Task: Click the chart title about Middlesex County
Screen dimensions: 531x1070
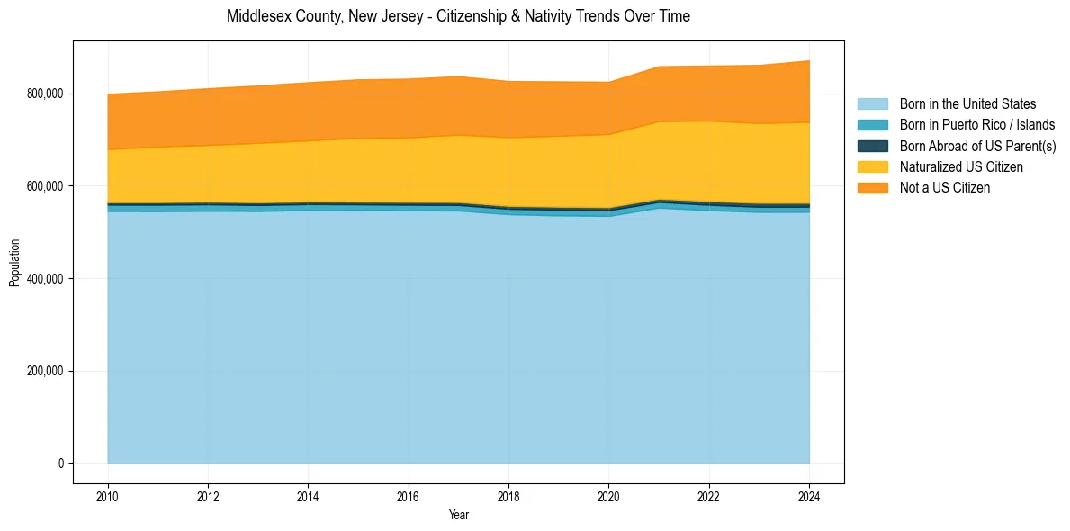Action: coord(458,16)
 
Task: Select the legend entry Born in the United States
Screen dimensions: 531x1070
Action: coord(967,104)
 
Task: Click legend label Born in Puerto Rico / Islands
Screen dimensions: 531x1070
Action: coord(977,125)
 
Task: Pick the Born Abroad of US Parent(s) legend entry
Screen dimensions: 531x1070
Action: coord(977,146)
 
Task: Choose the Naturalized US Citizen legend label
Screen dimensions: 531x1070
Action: coord(961,166)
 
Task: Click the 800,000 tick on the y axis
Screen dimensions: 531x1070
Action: coord(46,94)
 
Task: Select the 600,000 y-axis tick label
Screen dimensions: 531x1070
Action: coord(46,186)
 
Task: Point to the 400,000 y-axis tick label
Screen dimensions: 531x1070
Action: coord(46,279)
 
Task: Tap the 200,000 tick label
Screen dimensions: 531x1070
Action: coord(46,371)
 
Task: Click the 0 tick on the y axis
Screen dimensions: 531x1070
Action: coord(60,463)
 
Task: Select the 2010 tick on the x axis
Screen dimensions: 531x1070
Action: coord(108,495)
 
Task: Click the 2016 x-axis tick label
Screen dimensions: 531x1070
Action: coord(409,495)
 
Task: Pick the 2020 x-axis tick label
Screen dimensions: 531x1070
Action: coord(609,495)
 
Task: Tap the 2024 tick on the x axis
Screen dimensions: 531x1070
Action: coord(810,495)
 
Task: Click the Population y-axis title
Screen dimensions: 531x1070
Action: coord(14,263)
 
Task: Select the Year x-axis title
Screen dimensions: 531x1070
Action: coord(458,515)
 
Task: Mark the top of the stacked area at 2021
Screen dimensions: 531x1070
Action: coord(660,67)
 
